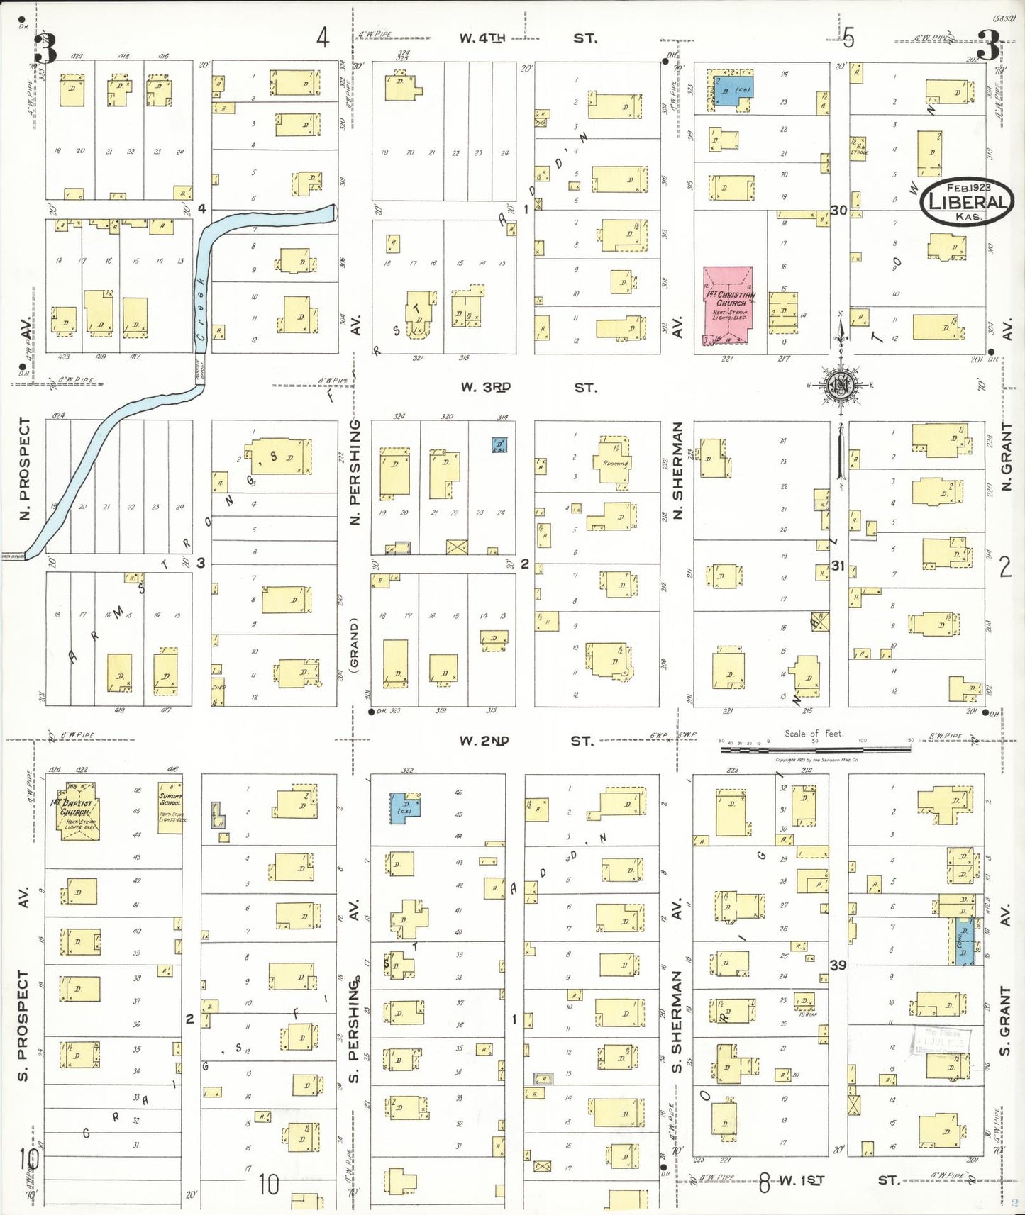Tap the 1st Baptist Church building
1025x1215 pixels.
coord(77,811)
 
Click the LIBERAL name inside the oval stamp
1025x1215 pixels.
coord(968,202)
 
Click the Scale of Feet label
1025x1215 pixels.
coord(814,734)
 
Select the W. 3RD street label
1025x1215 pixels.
coord(485,388)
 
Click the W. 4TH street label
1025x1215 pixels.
coord(482,38)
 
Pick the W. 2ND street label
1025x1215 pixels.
coord(484,741)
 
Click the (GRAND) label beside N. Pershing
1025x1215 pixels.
coord(355,644)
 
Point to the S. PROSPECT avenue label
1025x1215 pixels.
coord(23,1024)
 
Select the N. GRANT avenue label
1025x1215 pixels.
coord(1006,457)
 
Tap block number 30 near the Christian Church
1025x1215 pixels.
coord(839,211)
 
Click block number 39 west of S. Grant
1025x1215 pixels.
coord(838,965)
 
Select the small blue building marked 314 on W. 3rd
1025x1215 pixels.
coord(500,445)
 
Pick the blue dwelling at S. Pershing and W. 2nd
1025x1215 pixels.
coord(404,808)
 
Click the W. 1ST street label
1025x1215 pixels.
coord(802,1180)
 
